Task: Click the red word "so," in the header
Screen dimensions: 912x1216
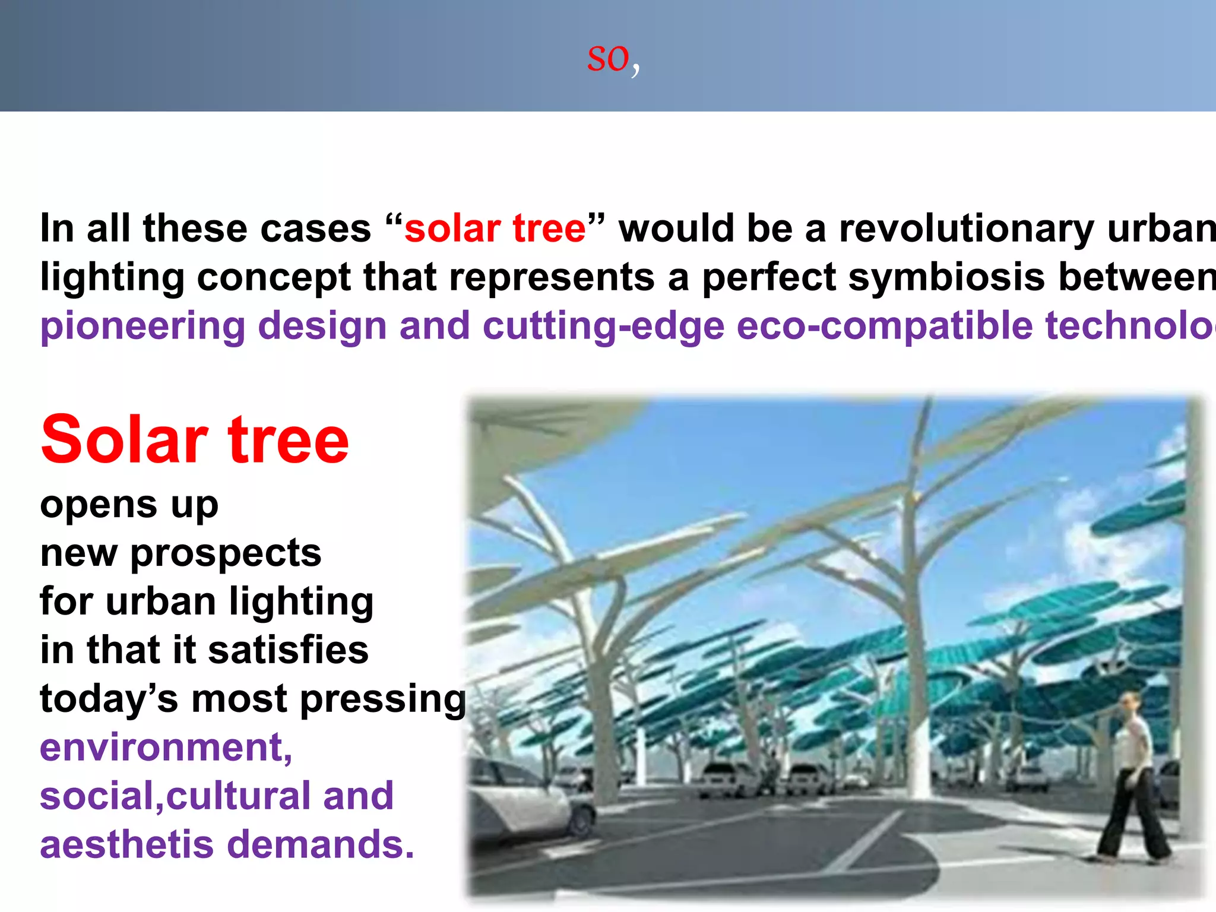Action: point(613,59)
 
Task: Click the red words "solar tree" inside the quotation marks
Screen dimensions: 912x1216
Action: point(495,229)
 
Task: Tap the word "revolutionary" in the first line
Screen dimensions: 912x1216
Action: point(965,229)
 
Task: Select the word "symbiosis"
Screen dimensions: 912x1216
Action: point(946,277)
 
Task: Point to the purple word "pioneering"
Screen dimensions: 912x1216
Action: point(142,327)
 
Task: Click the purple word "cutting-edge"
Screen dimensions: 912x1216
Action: point(603,327)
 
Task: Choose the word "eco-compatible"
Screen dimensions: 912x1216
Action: point(884,327)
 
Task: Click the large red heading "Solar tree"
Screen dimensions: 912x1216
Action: point(195,440)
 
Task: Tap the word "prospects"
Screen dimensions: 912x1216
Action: point(226,554)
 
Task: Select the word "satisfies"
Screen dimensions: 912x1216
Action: point(289,650)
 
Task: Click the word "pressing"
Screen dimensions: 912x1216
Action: point(383,699)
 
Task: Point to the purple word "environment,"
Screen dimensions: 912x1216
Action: point(166,747)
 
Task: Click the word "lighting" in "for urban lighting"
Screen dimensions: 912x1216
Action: point(302,602)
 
